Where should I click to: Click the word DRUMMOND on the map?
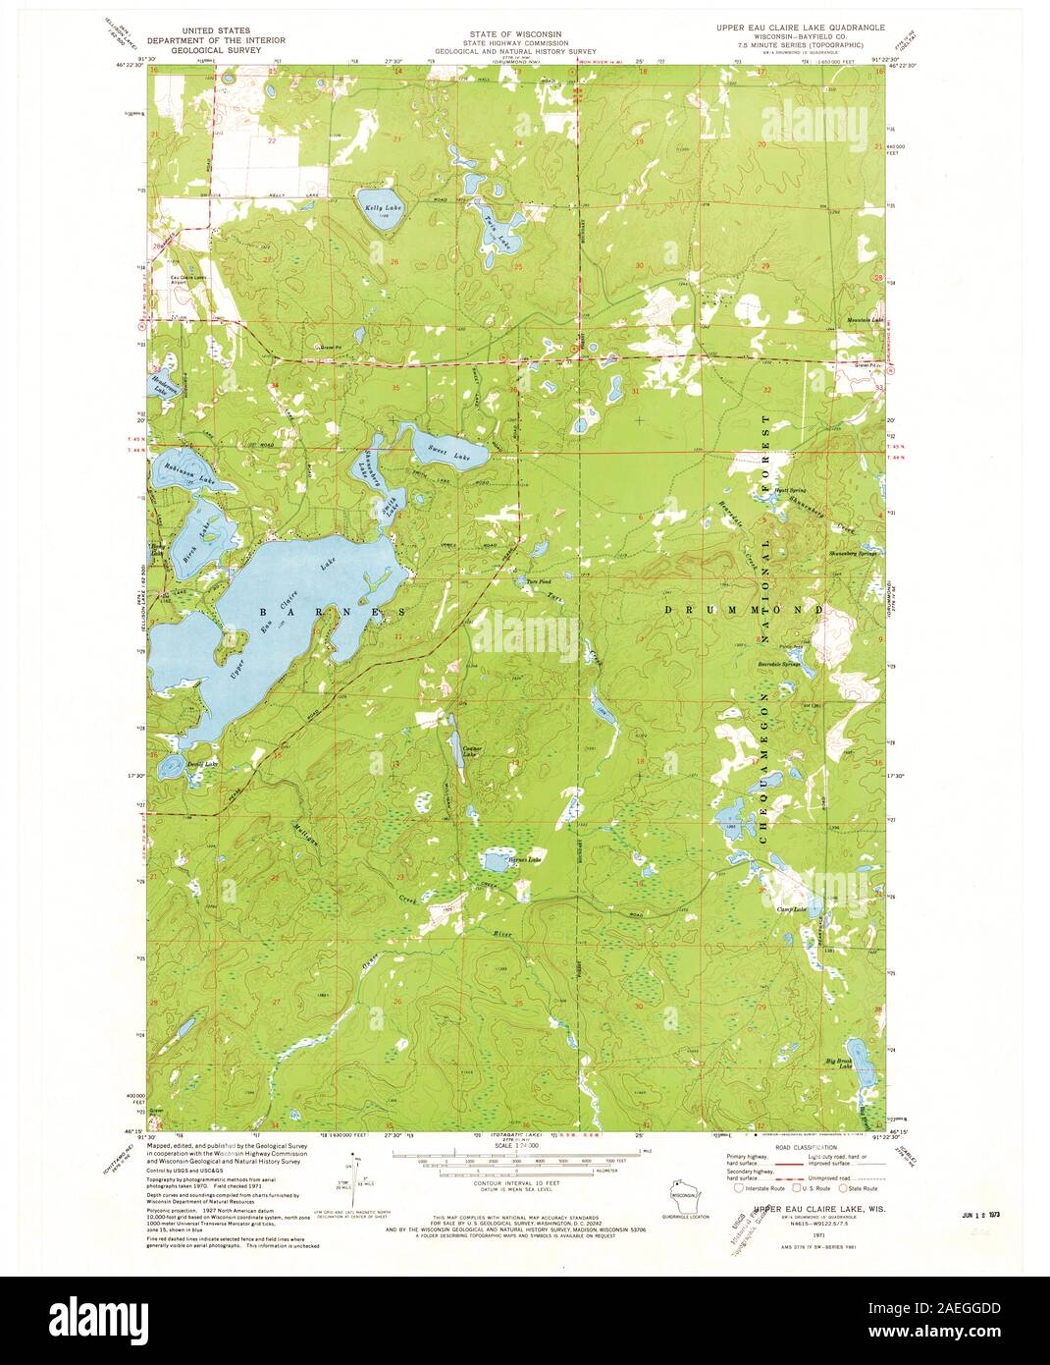745,610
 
